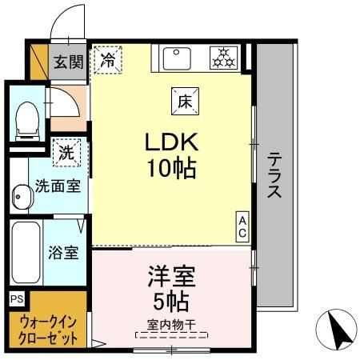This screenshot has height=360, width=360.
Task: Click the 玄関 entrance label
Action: (69, 62)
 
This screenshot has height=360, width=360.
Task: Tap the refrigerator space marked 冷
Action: (108, 60)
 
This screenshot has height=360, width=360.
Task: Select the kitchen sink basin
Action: (177, 58)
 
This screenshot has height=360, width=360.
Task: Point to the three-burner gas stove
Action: (223, 58)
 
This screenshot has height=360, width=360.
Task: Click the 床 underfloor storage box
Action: (185, 102)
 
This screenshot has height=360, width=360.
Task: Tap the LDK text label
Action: (171, 142)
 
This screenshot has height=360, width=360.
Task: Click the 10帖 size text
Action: (172, 169)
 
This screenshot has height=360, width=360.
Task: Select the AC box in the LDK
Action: (242, 226)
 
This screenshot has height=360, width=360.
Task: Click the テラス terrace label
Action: (274, 175)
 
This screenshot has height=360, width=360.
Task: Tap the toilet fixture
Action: (27, 121)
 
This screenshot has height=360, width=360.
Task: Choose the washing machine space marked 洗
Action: (66, 153)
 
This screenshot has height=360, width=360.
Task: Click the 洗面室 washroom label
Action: (58, 186)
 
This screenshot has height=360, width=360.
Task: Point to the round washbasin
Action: (22, 198)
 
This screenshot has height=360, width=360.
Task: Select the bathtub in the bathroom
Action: (26, 252)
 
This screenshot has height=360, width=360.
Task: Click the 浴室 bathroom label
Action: (63, 253)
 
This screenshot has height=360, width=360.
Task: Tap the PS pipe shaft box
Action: (17, 298)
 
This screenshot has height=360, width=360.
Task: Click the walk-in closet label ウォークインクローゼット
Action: (48, 330)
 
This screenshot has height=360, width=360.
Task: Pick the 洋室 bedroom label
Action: (172, 276)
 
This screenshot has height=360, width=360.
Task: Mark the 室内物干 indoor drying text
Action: (171, 325)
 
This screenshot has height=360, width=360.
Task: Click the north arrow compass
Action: (337, 330)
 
